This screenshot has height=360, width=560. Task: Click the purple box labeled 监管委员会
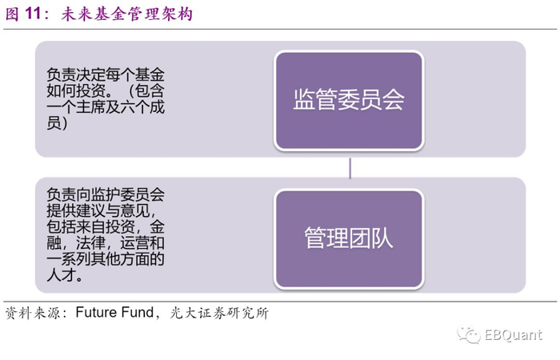coord(349,100)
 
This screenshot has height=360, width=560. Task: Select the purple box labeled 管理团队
coord(349,238)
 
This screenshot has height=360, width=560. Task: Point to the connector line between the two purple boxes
coord(350,170)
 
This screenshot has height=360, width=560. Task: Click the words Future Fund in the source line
coord(114,313)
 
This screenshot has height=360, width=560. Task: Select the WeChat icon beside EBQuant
coord(468,334)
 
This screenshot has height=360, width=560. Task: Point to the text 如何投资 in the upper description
coord(75,90)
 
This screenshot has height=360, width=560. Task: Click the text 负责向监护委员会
coord(106,194)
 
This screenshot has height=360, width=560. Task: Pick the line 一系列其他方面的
coord(106,259)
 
